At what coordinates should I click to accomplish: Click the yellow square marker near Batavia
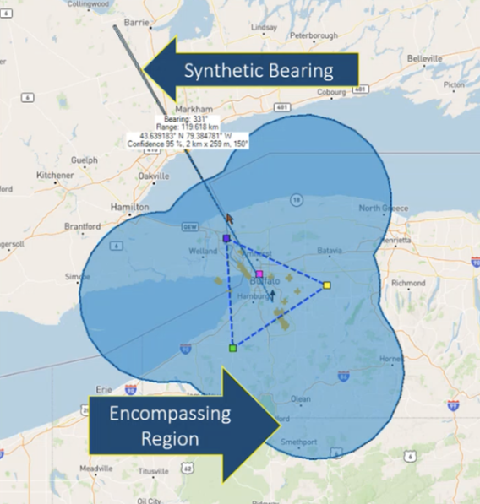click(326, 286)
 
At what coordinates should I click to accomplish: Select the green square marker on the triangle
click(232, 348)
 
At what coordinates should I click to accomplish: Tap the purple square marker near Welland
click(226, 239)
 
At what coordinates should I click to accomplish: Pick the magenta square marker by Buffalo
click(259, 274)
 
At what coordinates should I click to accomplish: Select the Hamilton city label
click(129, 207)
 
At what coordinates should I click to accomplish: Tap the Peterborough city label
click(314, 36)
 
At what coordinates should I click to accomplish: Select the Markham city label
click(192, 110)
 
